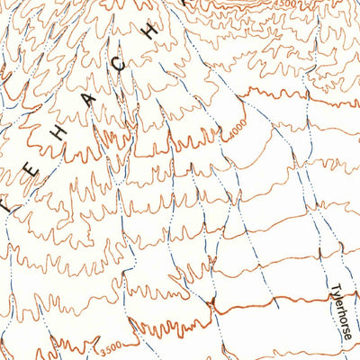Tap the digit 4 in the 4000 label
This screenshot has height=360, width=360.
pos(229,137)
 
